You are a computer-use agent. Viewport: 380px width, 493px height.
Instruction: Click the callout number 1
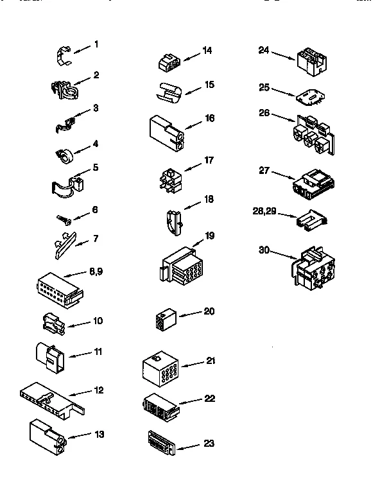point(96,44)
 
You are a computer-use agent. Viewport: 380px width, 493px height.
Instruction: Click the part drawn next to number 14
point(168,62)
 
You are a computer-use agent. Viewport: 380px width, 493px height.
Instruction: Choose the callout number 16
point(209,119)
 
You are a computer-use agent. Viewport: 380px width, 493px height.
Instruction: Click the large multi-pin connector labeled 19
point(178,266)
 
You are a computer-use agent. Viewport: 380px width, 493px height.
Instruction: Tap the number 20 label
point(209,311)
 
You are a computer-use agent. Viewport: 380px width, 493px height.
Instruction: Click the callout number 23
point(209,444)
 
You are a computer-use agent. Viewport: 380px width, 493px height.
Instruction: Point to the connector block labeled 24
point(311,58)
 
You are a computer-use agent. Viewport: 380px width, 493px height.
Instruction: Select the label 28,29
point(264,211)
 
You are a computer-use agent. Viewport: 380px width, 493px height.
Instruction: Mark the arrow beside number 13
point(78,436)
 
